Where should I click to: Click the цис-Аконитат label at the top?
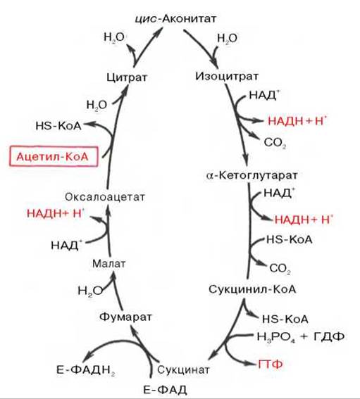pyautogui.click(x=175, y=18)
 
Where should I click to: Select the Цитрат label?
pyautogui.click(x=127, y=77)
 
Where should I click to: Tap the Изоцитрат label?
pyautogui.click(x=227, y=76)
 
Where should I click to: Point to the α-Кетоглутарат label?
pyautogui.click(x=252, y=175)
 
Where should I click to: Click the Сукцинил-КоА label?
pyautogui.click(x=252, y=289)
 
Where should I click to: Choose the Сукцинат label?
pyautogui.click(x=183, y=369)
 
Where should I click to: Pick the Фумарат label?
pyautogui.click(x=125, y=317)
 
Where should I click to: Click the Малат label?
pyautogui.click(x=108, y=264)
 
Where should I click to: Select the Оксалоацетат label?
pyautogui.click(x=105, y=197)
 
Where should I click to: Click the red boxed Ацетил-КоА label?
pyautogui.click(x=54, y=156)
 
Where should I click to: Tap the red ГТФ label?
pyautogui.click(x=271, y=364)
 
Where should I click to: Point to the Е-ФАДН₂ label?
pyautogui.click(x=86, y=370)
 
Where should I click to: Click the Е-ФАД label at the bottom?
pyautogui.click(x=165, y=390)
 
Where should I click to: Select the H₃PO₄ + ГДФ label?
pyautogui.click(x=301, y=336)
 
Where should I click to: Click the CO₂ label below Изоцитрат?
pyautogui.click(x=275, y=142)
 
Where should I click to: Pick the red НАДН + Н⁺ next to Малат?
pyautogui.click(x=56, y=213)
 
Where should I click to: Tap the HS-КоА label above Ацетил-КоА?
pyautogui.click(x=58, y=126)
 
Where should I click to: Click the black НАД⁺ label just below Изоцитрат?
pyautogui.click(x=264, y=95)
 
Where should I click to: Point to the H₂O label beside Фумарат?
pyautogui.click(x=90, y=291)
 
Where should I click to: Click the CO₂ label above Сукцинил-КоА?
pyautogui.click(x=280, y=269)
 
